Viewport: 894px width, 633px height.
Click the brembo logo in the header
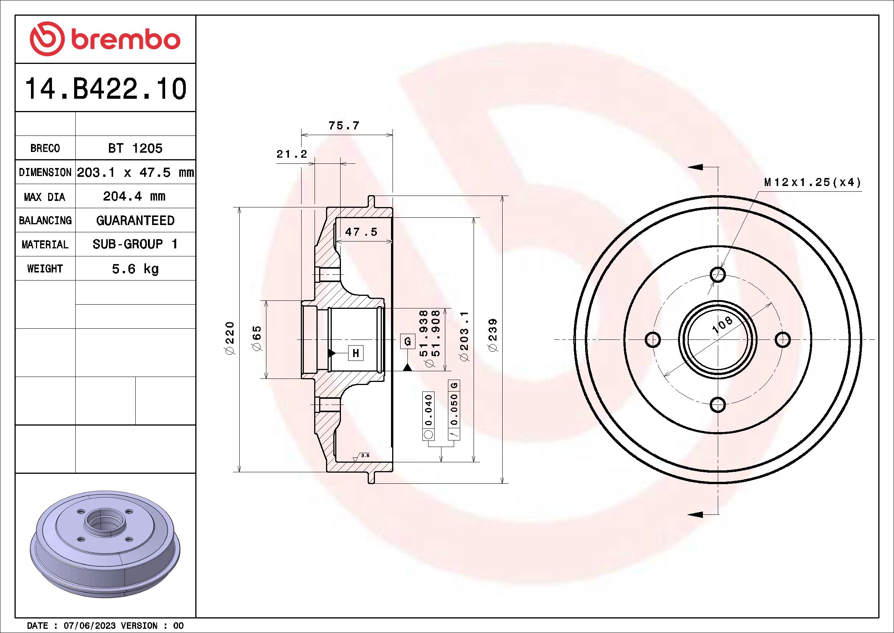point(105,39)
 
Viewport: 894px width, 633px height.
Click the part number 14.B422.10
point(105,89)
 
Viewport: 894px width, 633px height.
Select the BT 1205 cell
point(135,148)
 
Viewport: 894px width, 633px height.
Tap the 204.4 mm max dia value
point(134,196)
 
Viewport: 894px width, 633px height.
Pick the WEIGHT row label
point(45,269)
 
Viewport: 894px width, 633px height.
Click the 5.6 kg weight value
point(135,269)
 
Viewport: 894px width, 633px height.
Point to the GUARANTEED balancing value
point(135,220)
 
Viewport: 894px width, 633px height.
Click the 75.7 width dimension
point(344,126)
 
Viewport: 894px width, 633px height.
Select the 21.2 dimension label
point(292,154)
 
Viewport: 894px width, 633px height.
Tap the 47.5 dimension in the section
point(361,232)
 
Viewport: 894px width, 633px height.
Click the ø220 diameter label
point(230,338)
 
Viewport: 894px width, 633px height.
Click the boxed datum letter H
point(355,353)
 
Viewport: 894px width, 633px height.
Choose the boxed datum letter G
point(407,341)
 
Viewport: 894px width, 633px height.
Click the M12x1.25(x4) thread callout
point(812,182)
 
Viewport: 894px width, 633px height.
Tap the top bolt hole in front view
point(718,274)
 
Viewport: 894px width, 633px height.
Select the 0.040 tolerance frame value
point(428,409)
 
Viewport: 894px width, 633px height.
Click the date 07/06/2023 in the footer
point(89,626)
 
